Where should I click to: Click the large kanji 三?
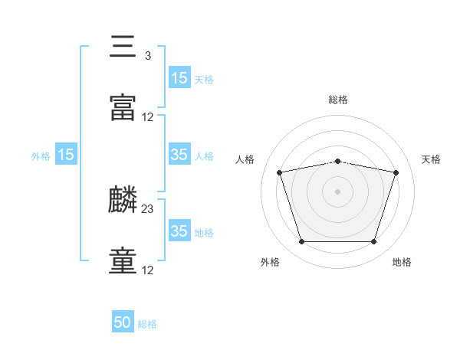click(123, 46)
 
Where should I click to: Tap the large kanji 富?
click(123, 107)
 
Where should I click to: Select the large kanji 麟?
click(123, 199)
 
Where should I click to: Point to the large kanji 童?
click(123, 260)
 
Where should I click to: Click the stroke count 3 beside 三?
click(148, 56)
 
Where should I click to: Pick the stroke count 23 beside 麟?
click(147, 209)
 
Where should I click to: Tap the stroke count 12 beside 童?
click(147, 270)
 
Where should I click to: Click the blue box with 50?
click(123, 321)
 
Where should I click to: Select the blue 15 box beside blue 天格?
click(179, 77)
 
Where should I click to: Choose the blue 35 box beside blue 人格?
click(179, 154)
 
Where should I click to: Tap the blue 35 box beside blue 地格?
click(179, 230)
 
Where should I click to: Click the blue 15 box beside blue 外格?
click(66, 154)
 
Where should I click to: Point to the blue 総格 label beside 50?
click(147, 324)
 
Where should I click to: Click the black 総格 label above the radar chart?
click(338, 100)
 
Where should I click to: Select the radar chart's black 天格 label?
click(431, 159)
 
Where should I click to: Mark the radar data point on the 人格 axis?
click(279, 172)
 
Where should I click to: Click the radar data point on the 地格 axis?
click(373, 241)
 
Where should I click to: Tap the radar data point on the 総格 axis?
click(337, 162)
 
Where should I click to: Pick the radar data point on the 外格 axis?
click(301, 241)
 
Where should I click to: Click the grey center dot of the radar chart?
click(337, 191)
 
